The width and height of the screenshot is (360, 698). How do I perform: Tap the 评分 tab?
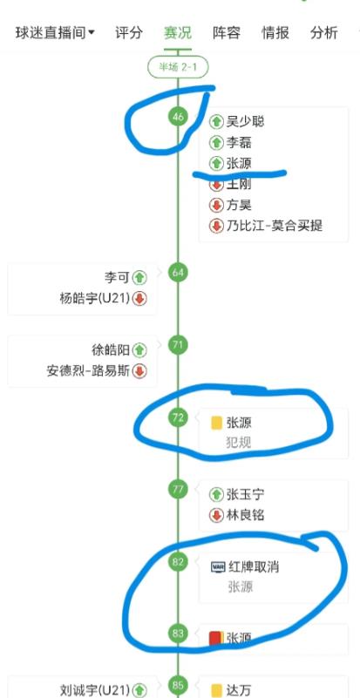click(129, 33)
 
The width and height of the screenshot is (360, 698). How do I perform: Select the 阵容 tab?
click(227, 33)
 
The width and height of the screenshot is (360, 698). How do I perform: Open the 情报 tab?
click(275, 33)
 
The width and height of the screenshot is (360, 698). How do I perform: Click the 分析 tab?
click(324, 33)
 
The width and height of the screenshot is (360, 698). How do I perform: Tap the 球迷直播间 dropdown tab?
click(55, 33)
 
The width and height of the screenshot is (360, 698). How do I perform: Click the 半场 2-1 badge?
click(178, 67)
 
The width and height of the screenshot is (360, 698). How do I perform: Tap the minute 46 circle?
click(178, 117)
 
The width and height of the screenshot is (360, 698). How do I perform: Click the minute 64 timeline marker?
click(178, 273)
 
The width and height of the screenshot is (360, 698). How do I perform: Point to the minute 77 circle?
click(178, 490)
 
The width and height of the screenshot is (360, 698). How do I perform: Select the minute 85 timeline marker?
click(178, 685)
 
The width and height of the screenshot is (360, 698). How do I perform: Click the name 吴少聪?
click(246, 121)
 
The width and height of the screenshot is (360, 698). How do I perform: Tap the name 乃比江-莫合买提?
click(275, 226)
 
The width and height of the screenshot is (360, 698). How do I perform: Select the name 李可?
click(117, 278)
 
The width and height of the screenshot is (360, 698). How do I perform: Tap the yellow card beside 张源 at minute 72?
click(216, 423)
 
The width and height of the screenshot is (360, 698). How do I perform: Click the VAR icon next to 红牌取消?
click(217, 567)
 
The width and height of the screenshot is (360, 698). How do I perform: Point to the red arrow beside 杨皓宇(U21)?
click(139, 299)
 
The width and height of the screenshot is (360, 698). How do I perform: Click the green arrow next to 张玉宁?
click(216, 494)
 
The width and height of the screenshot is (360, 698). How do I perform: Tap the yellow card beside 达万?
click(216, 690)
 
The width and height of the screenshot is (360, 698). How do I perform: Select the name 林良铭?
click(246, 516)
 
